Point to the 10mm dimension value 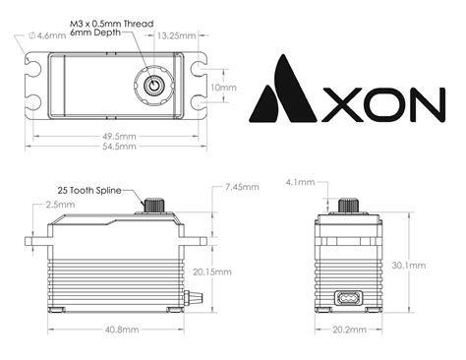click(x=224, y=87)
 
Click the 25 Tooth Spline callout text click(x=90, y=189)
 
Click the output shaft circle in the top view click(x=154, y=87)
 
